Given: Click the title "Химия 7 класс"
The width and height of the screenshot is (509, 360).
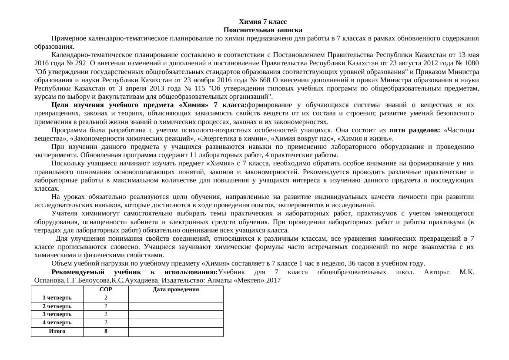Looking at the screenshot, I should coord(263,22).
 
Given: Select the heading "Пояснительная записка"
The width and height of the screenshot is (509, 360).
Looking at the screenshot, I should coord(263,30).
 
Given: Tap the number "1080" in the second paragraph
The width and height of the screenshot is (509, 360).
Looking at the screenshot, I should coord(471,64).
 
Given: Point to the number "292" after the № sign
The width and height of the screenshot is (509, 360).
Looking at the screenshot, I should coord(80,64).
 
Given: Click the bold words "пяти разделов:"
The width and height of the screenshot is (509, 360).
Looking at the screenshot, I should coord(415,130).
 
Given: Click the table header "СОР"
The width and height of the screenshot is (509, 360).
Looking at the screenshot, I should coord(106,289).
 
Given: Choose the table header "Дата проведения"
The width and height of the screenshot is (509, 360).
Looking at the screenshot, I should coord(176,289).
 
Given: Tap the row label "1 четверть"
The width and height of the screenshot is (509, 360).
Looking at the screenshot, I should coord(57,298).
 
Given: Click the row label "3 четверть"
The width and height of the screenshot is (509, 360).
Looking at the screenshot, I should coord(57,314).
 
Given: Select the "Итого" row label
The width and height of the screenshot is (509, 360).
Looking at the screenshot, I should coord(57,331).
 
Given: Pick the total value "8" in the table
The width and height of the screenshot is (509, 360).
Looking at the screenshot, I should coord(106,331).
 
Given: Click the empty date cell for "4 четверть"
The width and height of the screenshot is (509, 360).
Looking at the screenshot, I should coord(176,323).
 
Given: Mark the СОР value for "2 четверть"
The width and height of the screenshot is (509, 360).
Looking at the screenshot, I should coord(106,306).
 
